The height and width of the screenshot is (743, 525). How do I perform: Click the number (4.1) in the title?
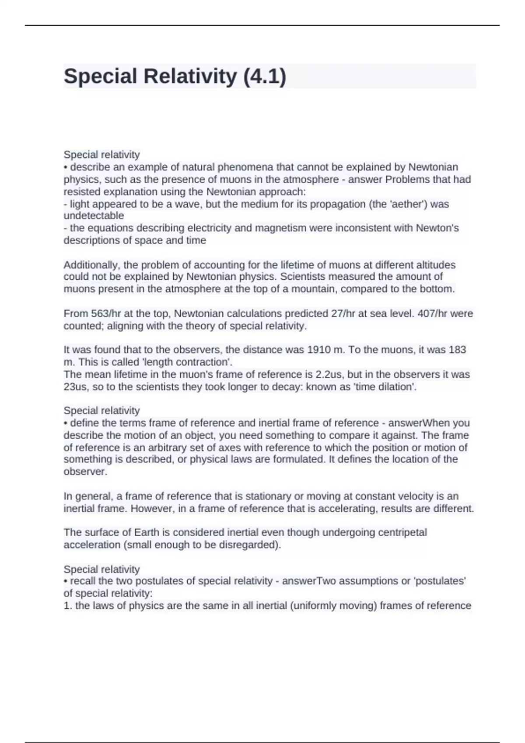point(264,76)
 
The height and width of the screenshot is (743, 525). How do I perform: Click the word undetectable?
point(94,216)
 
